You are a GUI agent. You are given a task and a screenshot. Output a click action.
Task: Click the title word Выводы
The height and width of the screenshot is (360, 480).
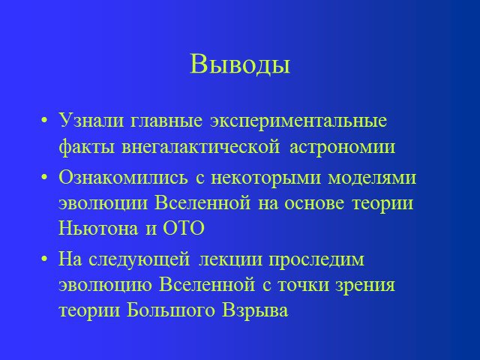[240, 64]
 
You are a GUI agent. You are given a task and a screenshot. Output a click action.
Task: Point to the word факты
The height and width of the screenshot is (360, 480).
[87, 147]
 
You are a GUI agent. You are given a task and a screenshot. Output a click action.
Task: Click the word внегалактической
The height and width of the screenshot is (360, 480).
[201, 147]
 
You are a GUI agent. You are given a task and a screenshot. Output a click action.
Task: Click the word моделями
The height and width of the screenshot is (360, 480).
[372, 178]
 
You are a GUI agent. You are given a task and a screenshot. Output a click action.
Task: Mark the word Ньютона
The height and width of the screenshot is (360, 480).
[98, 228]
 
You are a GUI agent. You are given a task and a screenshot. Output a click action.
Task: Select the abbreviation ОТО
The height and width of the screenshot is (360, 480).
[183, 228]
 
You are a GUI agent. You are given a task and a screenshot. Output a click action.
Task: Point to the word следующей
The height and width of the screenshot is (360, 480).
[139, 260]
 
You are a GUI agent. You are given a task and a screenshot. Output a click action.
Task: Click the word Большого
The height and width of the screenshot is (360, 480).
[171, 310]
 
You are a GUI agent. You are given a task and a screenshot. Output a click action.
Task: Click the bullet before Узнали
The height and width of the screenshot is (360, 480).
[44, 120]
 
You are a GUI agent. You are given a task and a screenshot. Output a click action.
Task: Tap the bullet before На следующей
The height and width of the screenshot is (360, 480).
[44, 259]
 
